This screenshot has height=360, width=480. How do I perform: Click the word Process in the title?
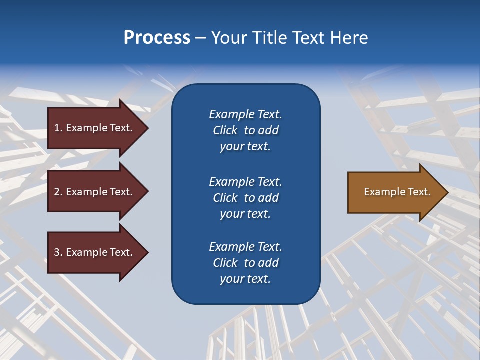coord(157,37)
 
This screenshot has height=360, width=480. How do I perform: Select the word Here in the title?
coord(349,37)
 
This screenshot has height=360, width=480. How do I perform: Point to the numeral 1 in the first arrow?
coord(57,128)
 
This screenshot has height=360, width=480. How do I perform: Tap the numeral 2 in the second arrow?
coord(57,192)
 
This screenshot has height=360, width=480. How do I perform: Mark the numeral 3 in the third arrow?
coord(57,252)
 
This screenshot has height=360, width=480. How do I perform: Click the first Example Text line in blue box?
coord(245,114)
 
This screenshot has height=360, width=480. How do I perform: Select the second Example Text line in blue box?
coord(245,181)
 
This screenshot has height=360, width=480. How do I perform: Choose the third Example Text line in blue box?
coord(245,247)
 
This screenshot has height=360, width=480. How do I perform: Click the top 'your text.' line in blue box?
coord(245,146)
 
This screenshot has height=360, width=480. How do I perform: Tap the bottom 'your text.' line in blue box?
coord(245,279)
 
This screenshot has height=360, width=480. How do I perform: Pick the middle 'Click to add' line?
coord(245,198)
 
